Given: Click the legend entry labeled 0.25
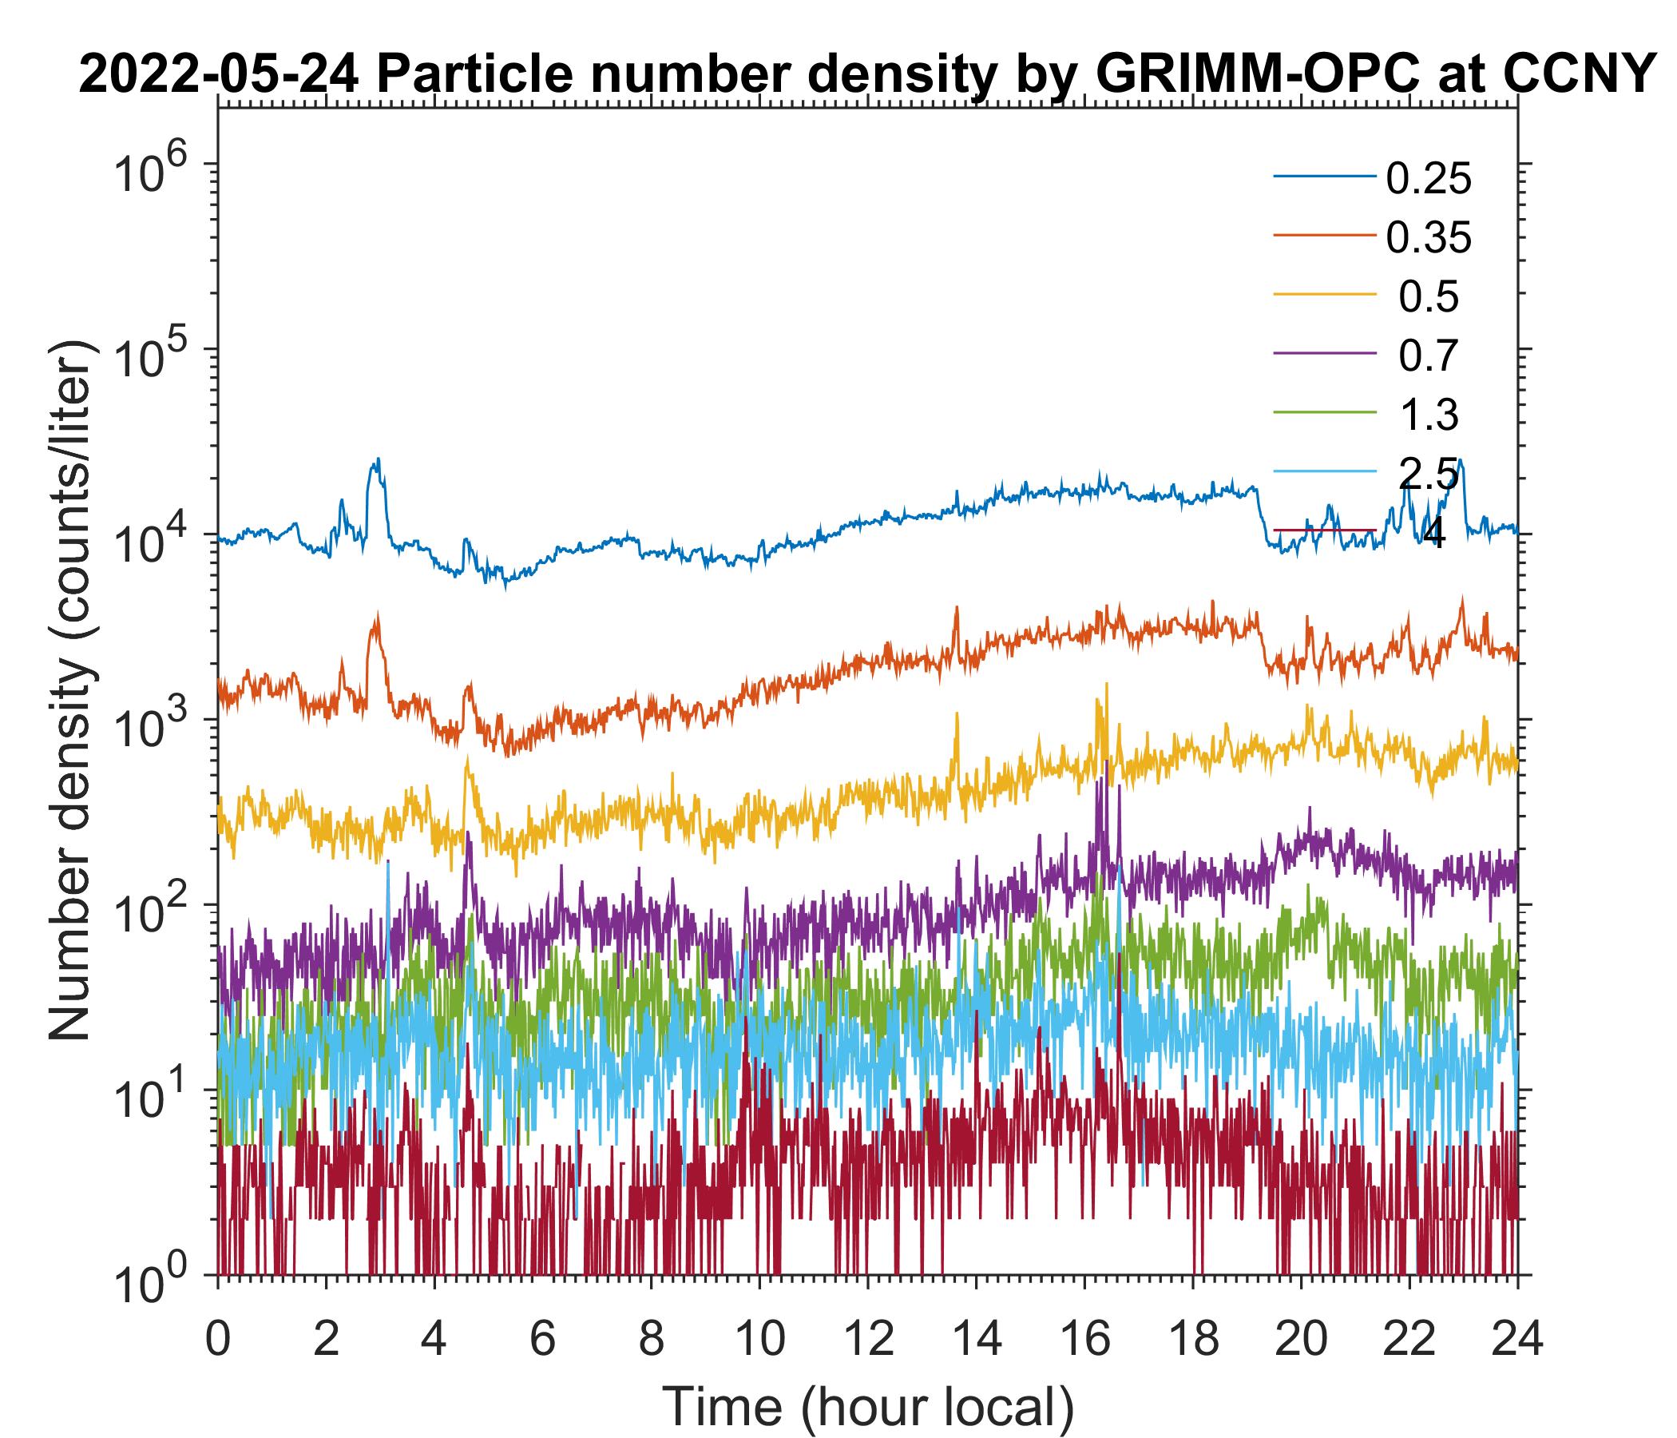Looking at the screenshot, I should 1428,179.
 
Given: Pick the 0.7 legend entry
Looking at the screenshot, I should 1429,356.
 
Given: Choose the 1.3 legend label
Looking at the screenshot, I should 1429,415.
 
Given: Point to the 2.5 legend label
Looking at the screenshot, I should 1429,475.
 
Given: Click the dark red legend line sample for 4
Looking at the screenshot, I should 1324,531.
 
